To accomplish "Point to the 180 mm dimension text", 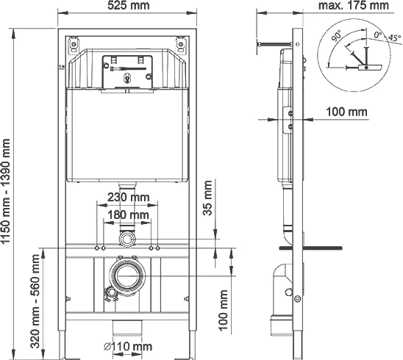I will pos(129,214).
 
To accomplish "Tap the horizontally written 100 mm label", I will pos(346,112).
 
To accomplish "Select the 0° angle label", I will pos(377,34).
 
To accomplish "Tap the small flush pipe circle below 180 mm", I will pos(129,240).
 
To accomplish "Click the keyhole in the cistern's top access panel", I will pos(129,75).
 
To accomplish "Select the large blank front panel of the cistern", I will pos(129,136).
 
